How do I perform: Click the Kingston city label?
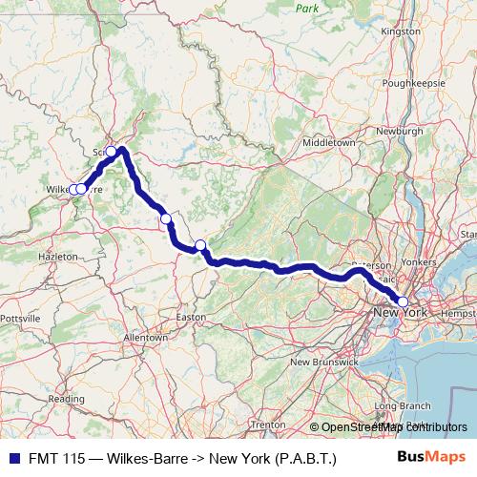pos(400,31)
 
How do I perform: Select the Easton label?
pos(191,317)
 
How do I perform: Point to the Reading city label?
pos(67,399)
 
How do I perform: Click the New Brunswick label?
pos(324,363)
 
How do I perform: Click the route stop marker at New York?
pos(403,302)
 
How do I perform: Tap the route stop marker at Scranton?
pos(112,152)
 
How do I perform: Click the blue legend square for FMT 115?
pos(10,459)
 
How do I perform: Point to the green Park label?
pos(306,8)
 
